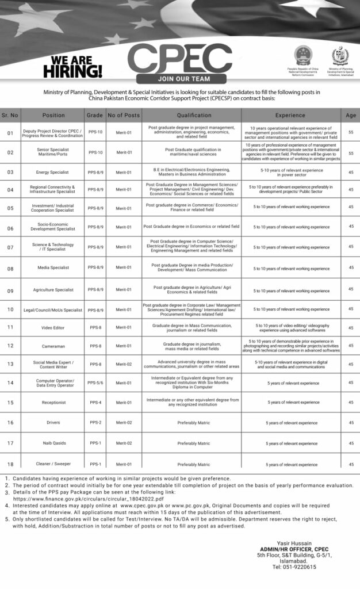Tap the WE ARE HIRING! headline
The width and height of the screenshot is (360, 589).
pos(72,67)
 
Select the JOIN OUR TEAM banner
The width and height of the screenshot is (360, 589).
pos(180,79)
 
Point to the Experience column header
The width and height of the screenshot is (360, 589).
pos(290,115)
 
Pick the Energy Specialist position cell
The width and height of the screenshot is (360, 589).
pos(53,172)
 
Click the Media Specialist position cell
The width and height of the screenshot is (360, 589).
pos(53,267)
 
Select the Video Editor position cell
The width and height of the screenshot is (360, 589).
pos(53,327)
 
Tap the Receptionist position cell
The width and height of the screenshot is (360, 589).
pos(53,402)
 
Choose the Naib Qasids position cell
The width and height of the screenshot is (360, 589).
pos(53,443)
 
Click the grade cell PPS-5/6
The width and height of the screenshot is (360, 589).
pos(95,383)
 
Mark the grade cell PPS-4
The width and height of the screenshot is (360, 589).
pos(95,402)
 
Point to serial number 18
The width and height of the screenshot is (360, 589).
pos(10,464)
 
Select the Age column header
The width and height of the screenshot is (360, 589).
pos(351,115)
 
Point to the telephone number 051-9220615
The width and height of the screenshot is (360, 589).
pos(294,567)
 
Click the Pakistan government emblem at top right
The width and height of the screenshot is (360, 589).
pos(340,56)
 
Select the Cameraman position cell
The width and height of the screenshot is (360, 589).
pos(53,346)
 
